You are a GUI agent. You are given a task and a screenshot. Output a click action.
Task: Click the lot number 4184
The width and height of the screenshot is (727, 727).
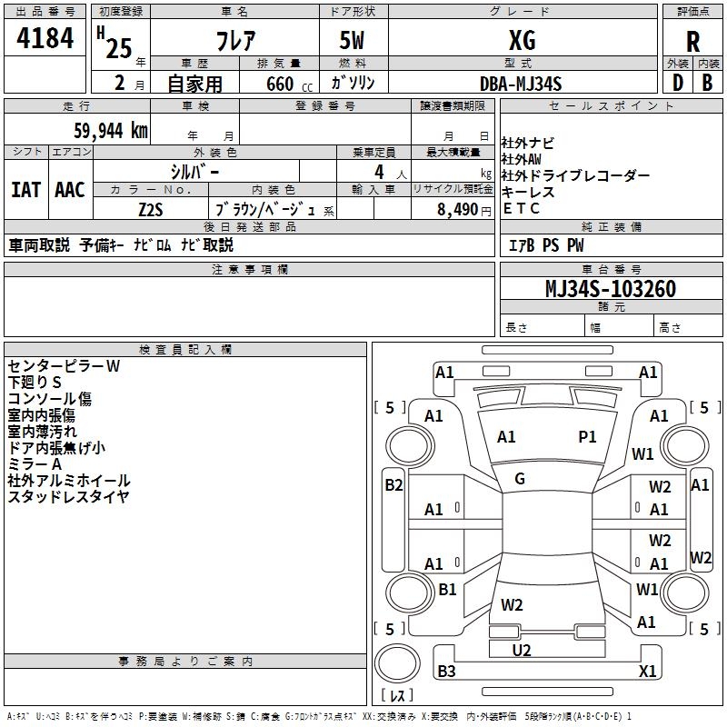45,39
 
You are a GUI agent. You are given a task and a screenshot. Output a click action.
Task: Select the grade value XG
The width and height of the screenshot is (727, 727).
523,39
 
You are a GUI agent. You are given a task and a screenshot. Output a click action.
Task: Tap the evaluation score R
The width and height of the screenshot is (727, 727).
692,42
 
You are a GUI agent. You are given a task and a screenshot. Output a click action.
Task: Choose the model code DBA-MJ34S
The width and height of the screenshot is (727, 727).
521,84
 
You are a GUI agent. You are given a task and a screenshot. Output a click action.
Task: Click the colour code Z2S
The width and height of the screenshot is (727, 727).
151,209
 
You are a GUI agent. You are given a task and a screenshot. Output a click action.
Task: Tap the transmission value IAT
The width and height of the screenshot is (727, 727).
25,190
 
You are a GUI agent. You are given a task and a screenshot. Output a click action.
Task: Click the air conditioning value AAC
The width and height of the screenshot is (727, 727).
70,190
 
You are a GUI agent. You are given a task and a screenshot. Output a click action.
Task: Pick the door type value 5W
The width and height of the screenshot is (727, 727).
354,39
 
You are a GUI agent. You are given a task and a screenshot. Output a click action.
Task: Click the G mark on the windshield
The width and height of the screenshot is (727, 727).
520,479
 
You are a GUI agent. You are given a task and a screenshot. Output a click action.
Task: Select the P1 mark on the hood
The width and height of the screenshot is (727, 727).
588,437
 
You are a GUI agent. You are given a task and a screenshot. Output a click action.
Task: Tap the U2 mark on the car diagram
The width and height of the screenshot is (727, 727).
522,650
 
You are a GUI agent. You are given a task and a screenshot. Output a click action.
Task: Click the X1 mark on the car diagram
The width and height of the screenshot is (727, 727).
647,672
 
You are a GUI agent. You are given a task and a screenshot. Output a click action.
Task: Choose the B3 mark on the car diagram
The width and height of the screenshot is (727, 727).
446,672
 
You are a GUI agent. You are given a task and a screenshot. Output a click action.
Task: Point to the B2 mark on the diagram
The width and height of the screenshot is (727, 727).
393,485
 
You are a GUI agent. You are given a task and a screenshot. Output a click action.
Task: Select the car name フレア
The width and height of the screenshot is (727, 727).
233,39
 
